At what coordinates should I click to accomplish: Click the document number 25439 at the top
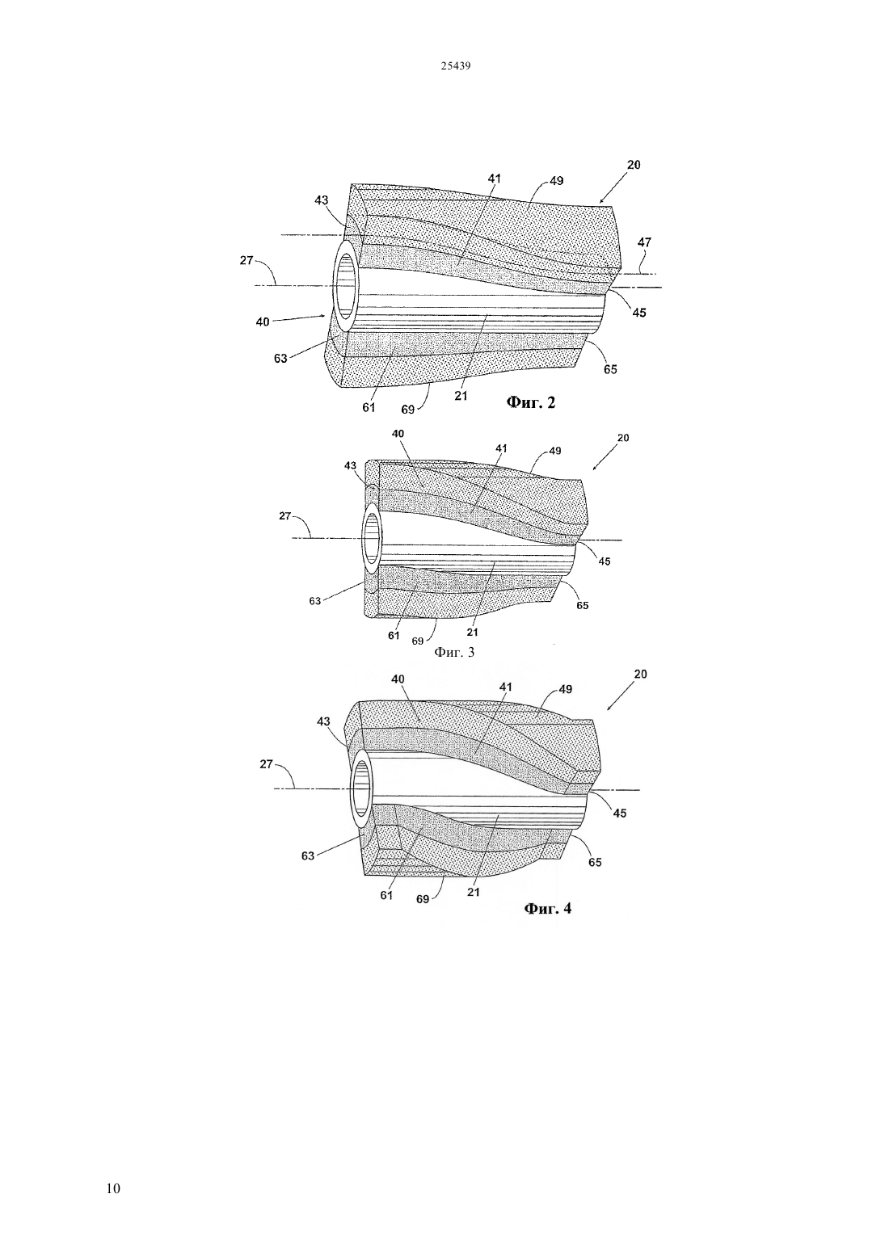455,66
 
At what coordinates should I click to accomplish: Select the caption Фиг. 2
531,402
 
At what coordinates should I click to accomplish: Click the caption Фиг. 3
454,652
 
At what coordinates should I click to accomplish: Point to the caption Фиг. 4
547,909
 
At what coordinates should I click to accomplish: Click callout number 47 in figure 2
644,242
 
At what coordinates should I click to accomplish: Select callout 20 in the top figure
634,165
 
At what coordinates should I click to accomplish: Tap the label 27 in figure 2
247,260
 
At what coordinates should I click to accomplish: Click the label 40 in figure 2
263,322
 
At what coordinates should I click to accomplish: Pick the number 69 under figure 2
408,410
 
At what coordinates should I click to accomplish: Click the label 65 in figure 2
610,369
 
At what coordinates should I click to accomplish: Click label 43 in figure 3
350,466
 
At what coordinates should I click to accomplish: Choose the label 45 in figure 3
605,561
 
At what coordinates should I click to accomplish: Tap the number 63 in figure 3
315,601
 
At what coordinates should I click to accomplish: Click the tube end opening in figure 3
372,538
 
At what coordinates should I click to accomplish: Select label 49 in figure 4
566,689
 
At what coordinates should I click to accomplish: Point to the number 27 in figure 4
267,764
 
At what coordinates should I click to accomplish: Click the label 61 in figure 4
386,896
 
